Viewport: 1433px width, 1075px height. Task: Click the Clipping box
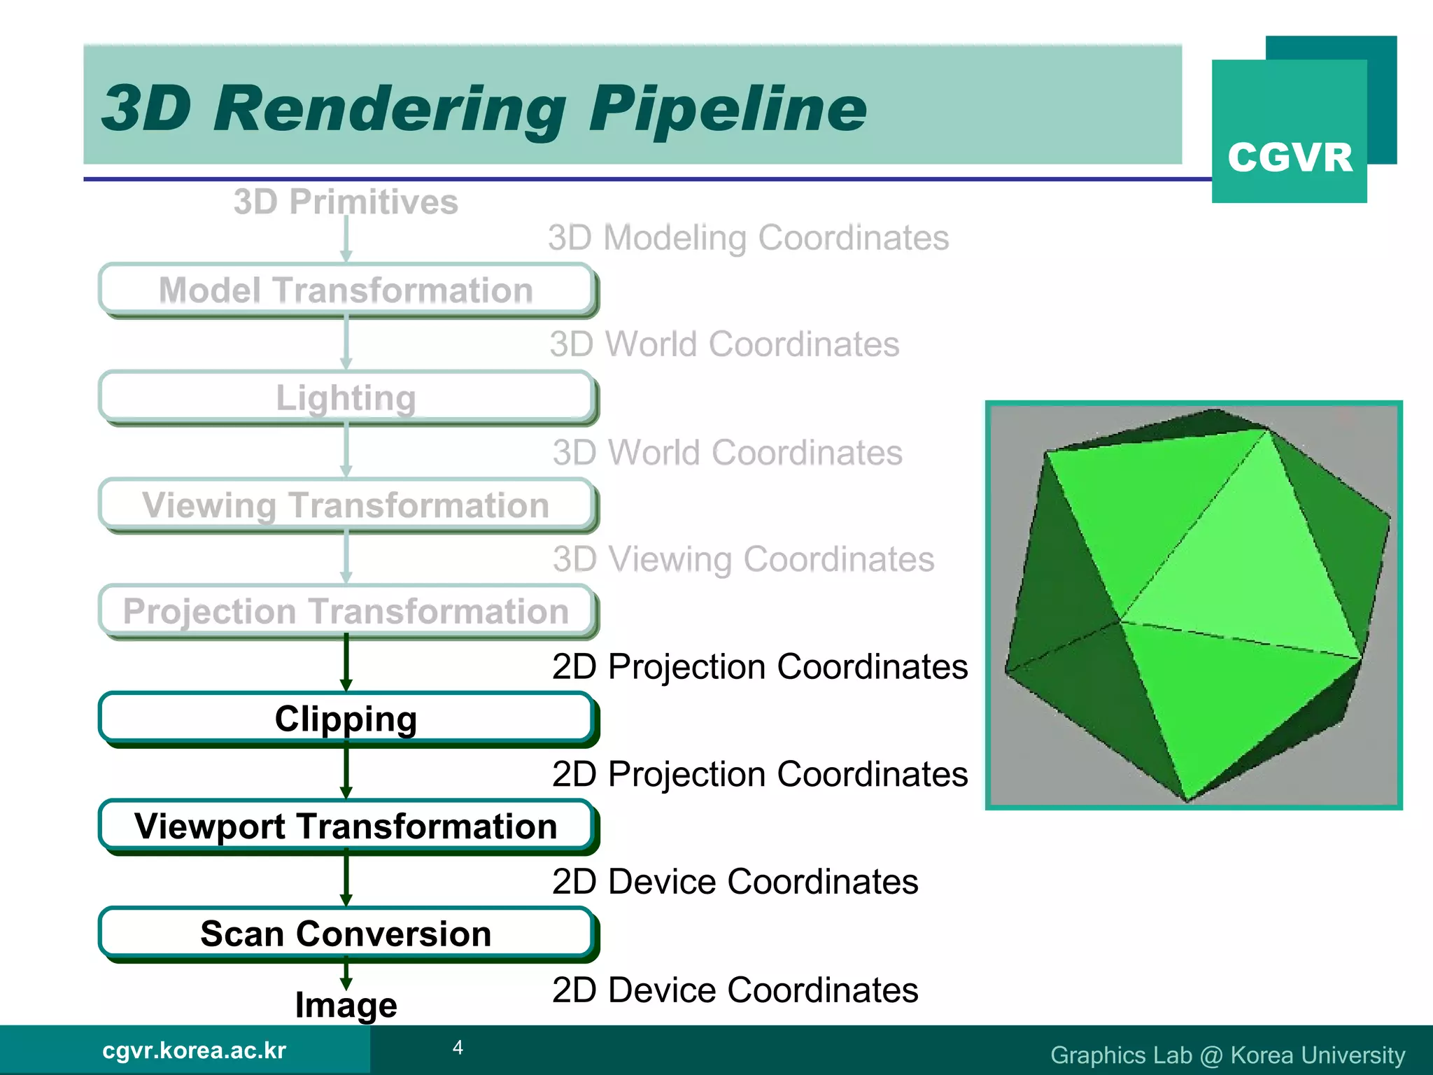(346, 719)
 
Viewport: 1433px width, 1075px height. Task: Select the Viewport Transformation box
(346, 827)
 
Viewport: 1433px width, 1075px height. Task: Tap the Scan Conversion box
(346, 934)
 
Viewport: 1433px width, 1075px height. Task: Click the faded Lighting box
(346, 398)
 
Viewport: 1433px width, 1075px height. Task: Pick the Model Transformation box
(346, 290)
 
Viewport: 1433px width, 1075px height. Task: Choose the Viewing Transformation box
(346, 505)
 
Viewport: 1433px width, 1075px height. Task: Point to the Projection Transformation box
(346, 611)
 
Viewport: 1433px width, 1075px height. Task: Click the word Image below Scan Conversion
(346, 1005)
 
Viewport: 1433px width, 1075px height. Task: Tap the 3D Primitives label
(346, 202)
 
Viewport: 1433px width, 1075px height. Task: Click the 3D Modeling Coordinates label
(748, 238)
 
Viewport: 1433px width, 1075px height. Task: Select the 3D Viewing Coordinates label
(743, 559)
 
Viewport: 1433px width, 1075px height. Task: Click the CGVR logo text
(1290, 157)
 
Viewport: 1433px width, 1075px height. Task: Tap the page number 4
(458, 1048)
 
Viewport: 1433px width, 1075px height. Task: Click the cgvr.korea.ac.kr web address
(194, 1051)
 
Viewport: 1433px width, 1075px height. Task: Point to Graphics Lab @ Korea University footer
(1227, 1055)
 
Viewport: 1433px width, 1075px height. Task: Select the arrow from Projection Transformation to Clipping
(346, 662)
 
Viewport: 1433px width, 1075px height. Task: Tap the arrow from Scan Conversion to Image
(346, 974)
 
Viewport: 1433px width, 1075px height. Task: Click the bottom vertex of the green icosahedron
(1187, 800)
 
